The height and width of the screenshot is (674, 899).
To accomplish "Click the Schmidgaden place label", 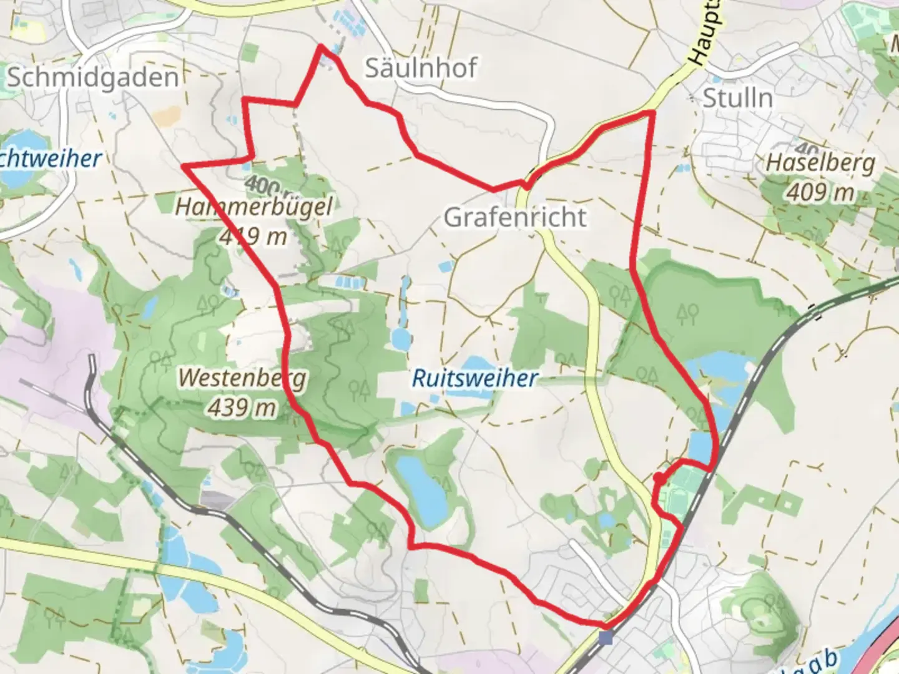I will (92, 77).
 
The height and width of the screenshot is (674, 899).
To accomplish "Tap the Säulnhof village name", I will (421, 67).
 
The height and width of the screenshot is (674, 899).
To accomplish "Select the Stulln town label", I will (738, 98).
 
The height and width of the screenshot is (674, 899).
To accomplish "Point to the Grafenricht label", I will (515, 217).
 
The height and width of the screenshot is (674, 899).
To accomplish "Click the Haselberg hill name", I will (820, 163).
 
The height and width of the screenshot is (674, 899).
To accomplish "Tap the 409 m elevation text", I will (820, 192).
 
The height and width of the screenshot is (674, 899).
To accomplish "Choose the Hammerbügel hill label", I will (253, 206).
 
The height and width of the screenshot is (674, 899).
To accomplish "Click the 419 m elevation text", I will (253, 236).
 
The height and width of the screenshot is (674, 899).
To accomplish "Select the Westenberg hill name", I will (242, 378).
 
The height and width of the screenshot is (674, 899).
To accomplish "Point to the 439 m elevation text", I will (242, 408).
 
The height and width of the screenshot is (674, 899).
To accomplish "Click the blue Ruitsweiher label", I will (474, 378).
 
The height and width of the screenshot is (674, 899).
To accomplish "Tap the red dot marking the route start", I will (658, 478).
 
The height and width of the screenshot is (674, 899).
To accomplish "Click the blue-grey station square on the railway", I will (605, 638).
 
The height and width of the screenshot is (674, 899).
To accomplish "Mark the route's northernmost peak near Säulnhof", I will (322, 46).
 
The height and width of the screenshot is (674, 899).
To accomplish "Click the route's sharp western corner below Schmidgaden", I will (183, 166).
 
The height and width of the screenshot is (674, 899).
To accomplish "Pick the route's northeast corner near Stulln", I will (652, 111).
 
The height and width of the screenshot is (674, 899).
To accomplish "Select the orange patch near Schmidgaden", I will (165, 116).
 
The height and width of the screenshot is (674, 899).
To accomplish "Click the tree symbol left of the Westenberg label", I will (160, 359).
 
